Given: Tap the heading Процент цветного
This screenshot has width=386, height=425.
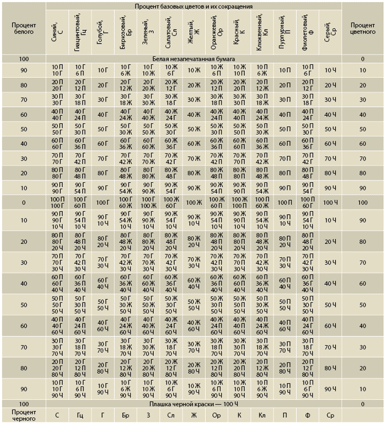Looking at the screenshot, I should [x=362, y=29].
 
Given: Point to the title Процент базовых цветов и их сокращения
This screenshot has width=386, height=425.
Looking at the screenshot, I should [x=194, y=6].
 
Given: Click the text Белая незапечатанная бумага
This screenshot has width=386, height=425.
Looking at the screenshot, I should [x=194, y=58].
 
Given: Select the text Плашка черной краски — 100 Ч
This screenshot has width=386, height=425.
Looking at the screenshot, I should [x=194, y=404].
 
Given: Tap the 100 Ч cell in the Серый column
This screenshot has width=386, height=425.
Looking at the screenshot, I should [x=330, y=203].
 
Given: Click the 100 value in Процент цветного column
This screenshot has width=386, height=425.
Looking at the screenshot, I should [x=362, y=203].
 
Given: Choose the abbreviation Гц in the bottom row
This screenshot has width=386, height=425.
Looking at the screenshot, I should [x=80, y=415].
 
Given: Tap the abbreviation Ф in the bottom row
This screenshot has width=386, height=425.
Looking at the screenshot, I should [x=308, y=415].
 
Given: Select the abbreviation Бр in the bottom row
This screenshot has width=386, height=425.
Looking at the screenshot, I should [x=125, y=415].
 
